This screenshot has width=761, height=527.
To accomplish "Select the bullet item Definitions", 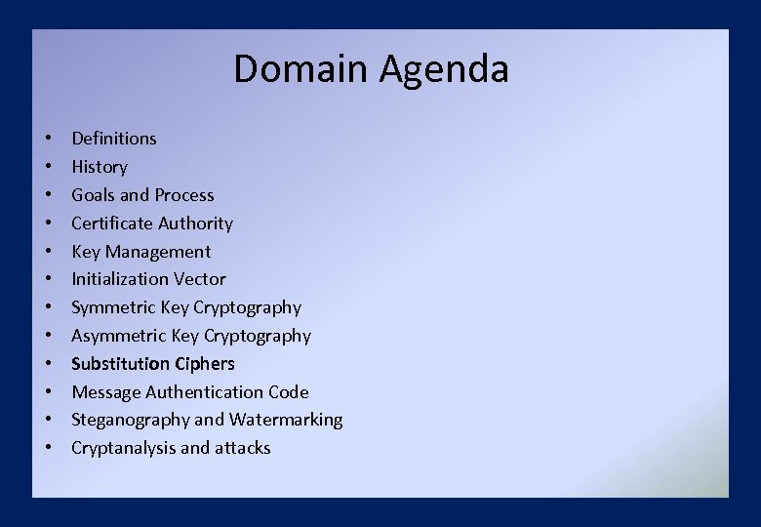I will (x=114, y=139).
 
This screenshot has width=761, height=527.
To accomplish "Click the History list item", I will (x=100, y=167).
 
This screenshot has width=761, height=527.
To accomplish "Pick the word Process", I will (x=182, y=195).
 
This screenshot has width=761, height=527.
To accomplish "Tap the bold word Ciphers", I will (x=205, y=364).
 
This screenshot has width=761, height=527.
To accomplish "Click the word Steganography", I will (x=131, y=421).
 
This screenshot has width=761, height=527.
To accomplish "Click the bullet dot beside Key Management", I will (x=48, y=252).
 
